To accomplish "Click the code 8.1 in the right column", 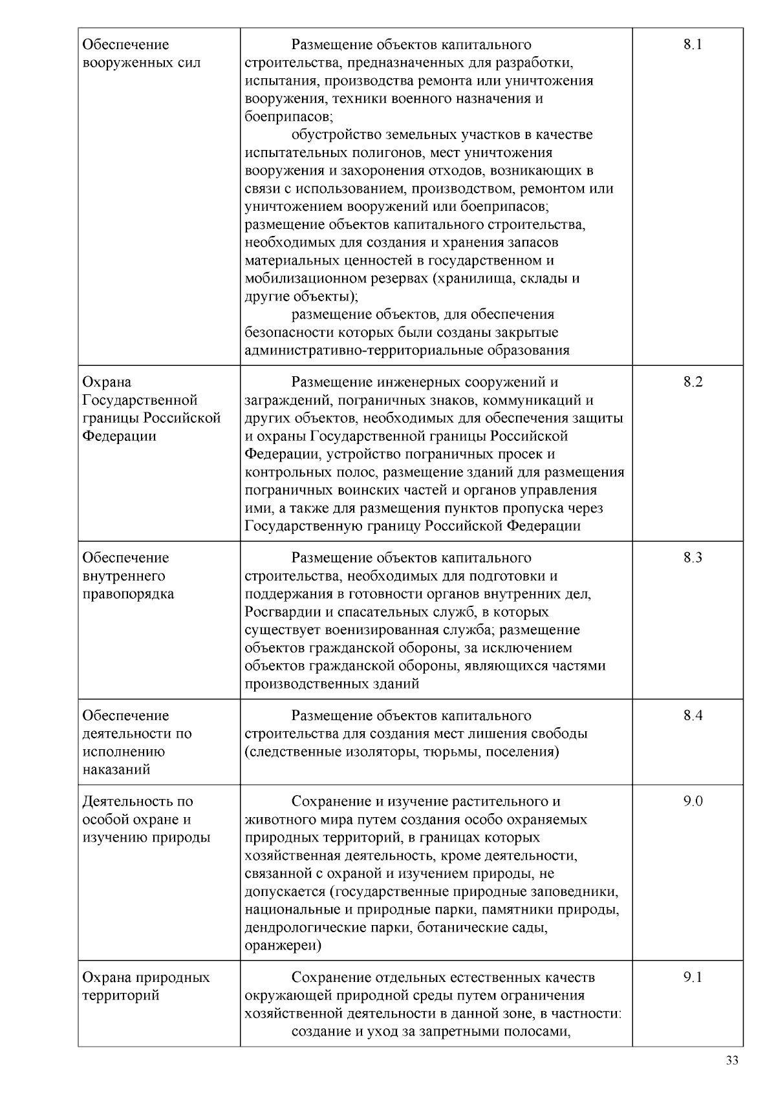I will (x=692, y=45).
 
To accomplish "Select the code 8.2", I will (x=693, y=381).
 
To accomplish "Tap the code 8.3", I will (x=693, y=557).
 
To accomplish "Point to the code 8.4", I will (x=693, y=715).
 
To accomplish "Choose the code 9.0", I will (x=693, y=801).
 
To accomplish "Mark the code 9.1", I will (x=693, y=977).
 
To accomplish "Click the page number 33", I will (x=732, y=1061).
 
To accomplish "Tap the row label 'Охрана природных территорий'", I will (x=145, y=986).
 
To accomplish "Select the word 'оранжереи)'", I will (x=283, y=946).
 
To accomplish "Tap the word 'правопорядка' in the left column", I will (x=128, y=593).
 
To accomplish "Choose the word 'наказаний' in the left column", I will (x=116, y=769).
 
